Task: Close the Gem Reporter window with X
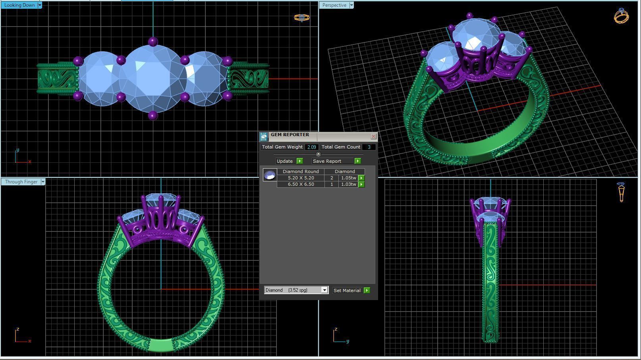373,137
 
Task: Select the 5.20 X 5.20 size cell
301,178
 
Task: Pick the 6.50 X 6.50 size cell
301,184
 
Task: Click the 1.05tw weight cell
348,178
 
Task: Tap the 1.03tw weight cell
348,184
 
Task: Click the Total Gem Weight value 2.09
311,147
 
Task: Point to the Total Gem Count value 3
369,147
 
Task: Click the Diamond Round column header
301,171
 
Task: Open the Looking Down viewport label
19,5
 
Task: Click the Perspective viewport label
334,5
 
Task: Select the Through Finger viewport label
21,182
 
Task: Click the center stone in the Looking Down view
153,79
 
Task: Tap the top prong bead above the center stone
153,42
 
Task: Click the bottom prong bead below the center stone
153,116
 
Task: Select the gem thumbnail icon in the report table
270,175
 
